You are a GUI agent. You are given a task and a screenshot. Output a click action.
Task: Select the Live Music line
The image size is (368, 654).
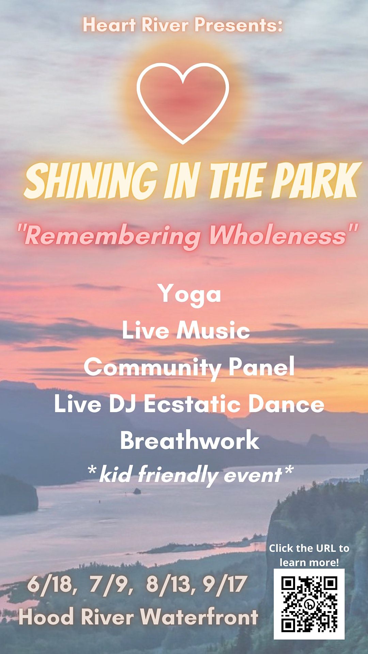point(186,330)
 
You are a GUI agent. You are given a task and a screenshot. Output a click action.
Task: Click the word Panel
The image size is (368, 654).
point(261,367)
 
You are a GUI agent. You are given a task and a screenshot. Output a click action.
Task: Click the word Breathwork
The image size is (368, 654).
point(189,440)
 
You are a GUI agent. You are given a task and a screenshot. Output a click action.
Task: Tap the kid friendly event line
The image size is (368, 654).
point(190,475)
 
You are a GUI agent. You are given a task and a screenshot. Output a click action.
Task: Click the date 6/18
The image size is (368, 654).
point(51,585)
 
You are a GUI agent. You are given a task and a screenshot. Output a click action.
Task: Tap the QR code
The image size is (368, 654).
point(309,604)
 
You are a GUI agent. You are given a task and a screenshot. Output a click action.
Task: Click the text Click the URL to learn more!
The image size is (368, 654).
point(309,555)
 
